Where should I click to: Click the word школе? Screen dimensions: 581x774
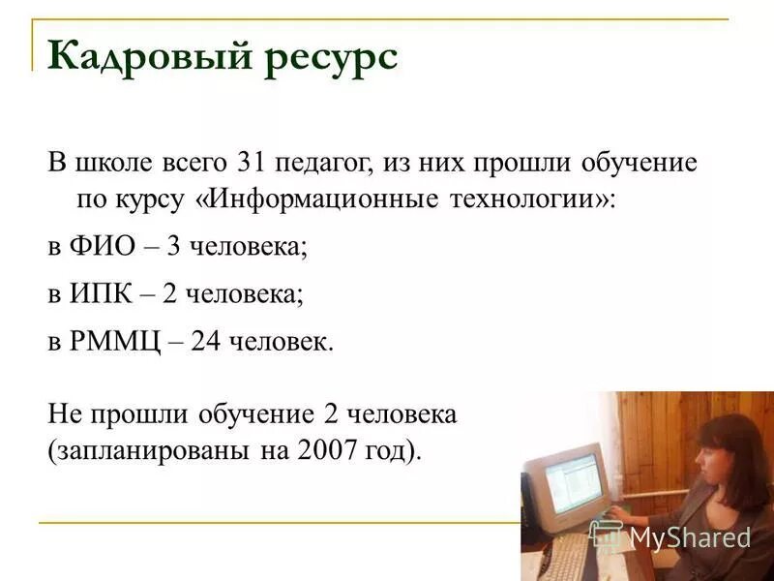click(111, 163)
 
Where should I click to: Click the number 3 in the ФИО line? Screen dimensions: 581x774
click(174, 247)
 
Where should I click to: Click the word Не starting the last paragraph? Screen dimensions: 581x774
click(64, 414)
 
